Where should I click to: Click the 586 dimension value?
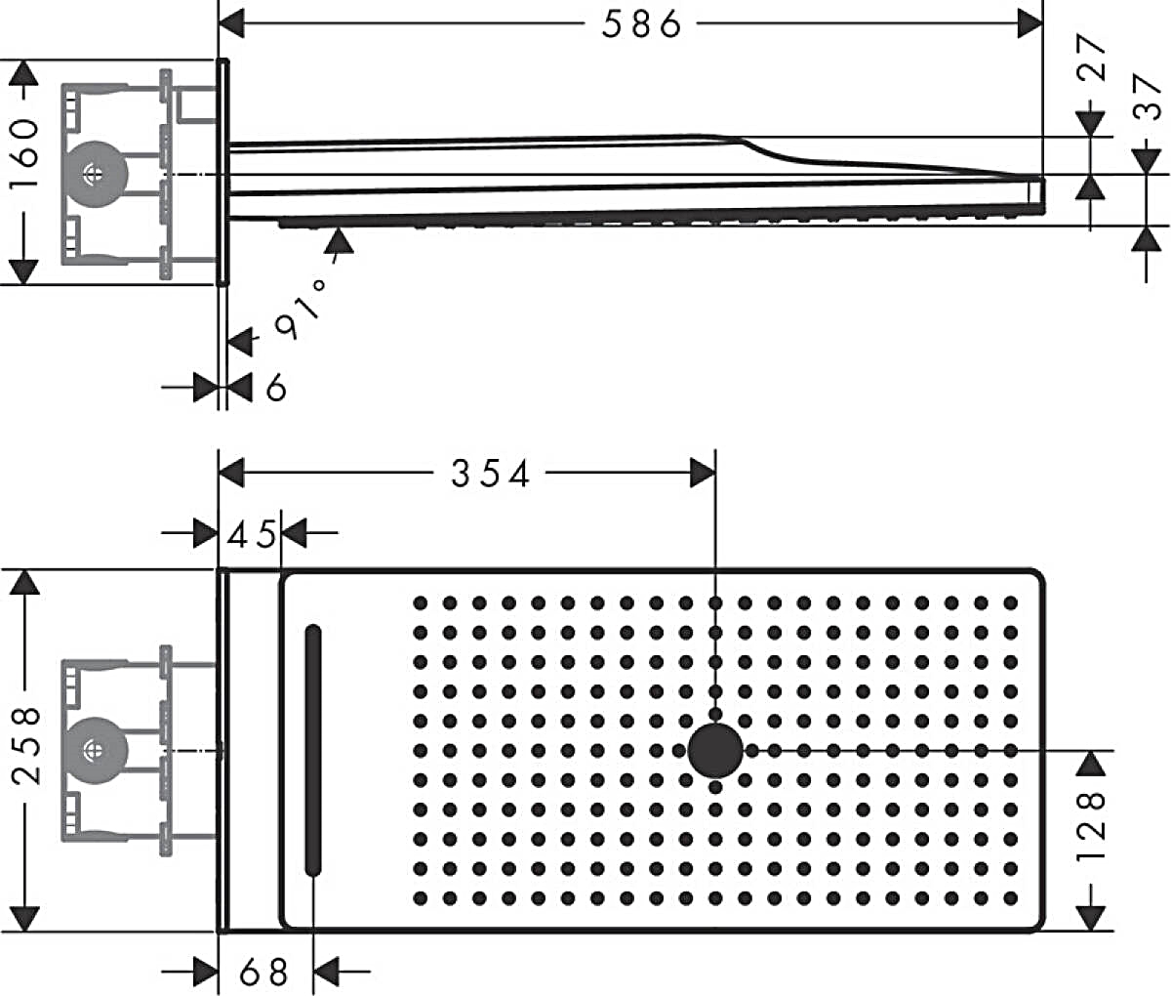(x=641, y=25)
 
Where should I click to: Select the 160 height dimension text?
(x=26, y=153)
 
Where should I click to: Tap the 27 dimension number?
(x=1091, y=58)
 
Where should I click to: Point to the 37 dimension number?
(x=1147, y=97)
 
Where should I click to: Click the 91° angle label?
(x=301, y=309)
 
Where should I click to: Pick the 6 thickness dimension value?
(x=276, y=389)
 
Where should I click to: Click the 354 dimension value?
(x=491, y=474)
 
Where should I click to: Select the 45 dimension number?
(x=252, y=534)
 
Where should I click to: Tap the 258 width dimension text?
(x=26, y=745)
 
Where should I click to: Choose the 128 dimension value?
(x=1091, y=826)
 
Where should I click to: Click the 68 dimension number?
(x=263, y=973)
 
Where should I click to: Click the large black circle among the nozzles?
(x=715, y=750)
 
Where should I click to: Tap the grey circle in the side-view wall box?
(x=96, y=174)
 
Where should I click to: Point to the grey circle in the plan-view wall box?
(x=96, y=750)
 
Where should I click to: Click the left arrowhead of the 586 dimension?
(x=231, y=23)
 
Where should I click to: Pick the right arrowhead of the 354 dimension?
(x=703, y=473)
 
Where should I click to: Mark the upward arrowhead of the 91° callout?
(x=340, y=240)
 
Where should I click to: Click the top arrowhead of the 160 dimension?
(x=23, y=73)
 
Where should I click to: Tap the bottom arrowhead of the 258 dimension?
(x=25, y=918)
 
